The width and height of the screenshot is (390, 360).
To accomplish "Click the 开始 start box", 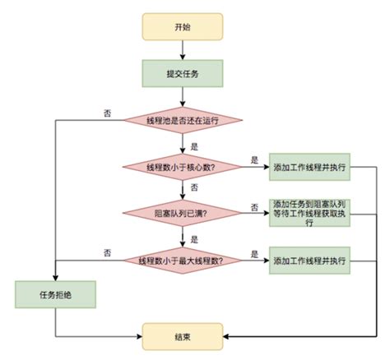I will (x=182, y=26).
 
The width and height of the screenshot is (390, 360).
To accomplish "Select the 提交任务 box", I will (x=182, y=73).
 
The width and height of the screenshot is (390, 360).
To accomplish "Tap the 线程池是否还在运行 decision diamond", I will (x=183, y=120).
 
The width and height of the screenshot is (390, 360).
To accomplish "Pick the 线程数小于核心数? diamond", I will (x=183, y=167).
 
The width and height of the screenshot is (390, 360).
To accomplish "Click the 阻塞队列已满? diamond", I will (x=183, y=213).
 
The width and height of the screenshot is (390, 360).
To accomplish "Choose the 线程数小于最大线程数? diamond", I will (x=183, y=261).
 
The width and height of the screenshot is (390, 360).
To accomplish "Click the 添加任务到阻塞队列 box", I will (x=309, y=213).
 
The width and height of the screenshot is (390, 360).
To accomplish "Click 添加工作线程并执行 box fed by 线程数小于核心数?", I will (x=309, y=167).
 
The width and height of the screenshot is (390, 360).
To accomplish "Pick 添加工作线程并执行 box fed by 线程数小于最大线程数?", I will (x=309, y=261).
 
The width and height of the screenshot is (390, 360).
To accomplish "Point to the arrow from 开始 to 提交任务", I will (x=182, y=49).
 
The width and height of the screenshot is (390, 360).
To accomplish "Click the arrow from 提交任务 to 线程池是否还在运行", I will (x=182, y=96).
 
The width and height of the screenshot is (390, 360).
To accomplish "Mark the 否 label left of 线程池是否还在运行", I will (x=108, y=113).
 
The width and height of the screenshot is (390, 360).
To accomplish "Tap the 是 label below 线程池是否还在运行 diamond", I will (x=194, y=145).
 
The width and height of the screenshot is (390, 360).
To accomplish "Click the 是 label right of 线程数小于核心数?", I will (x=254, y=159).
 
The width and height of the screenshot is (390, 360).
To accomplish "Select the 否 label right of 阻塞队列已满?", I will (x=254, y=205).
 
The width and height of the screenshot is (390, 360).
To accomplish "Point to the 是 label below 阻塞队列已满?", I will (x=194, y=238).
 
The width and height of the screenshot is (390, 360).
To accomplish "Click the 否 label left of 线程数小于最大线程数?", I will (x=108, y=252).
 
